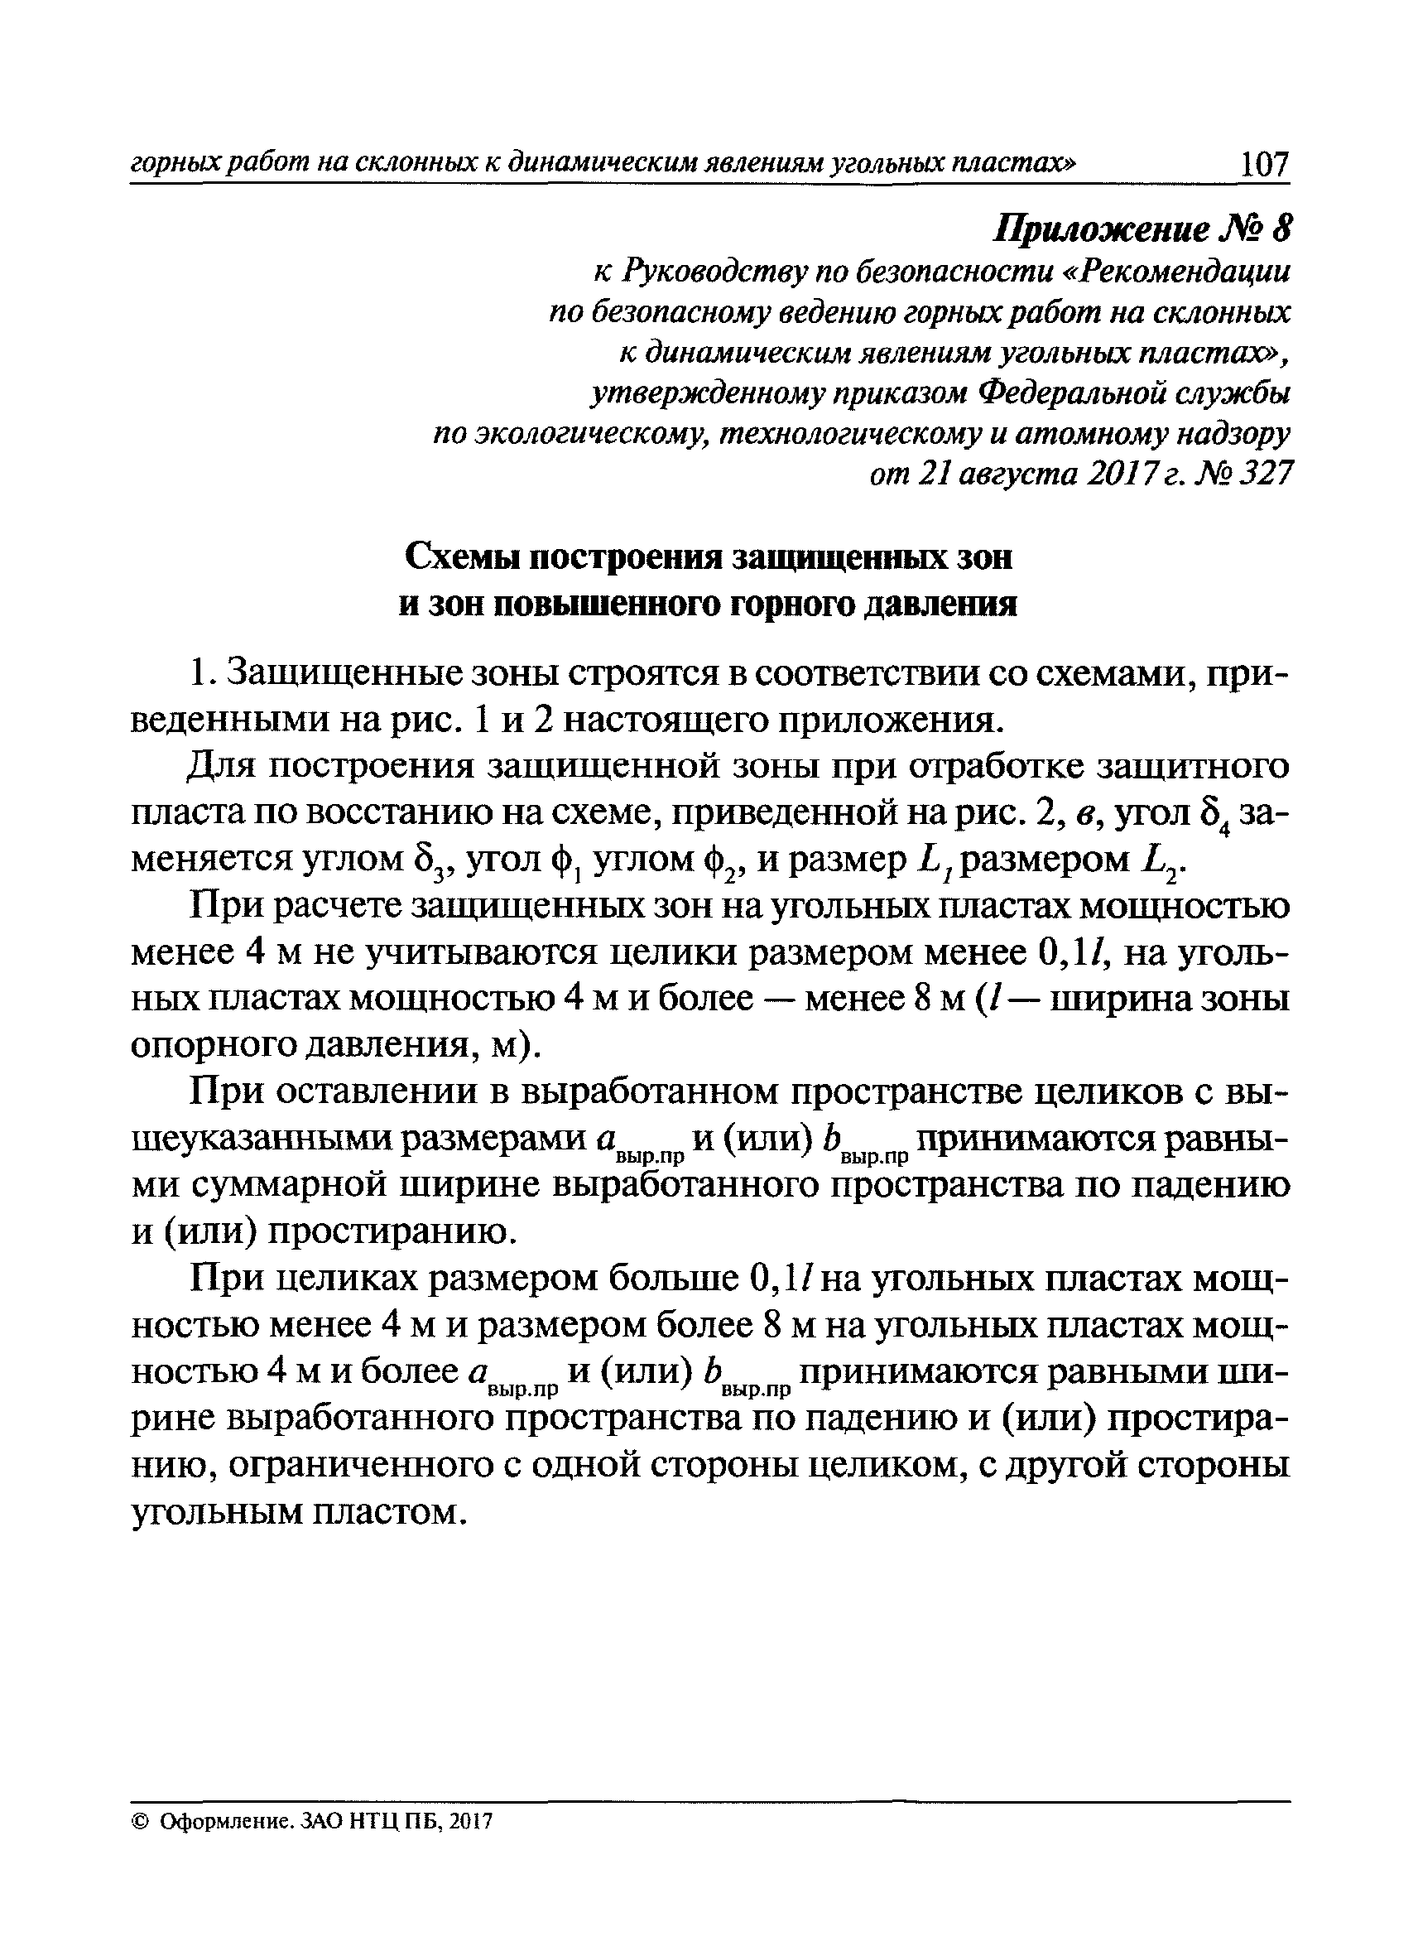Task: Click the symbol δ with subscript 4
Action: click(x=1213, y=814)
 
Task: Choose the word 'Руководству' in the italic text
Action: click(x=715, y=272)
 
